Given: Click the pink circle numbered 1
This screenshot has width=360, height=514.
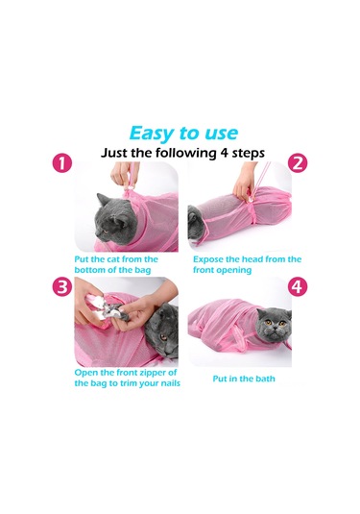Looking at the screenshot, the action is click(62, 163).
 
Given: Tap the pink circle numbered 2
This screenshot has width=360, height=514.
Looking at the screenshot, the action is click(298, 163).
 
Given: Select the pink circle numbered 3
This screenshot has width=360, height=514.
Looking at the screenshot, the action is click(62, 287).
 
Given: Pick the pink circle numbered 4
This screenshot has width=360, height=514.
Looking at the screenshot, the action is click(298, 287).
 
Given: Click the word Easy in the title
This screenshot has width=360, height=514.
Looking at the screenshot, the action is click(152, 135).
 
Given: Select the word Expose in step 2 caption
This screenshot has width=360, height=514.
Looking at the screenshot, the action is click(208, 259).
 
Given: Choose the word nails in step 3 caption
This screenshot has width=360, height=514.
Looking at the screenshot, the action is click(169, 383).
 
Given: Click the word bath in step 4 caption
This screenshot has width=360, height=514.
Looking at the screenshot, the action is click(265, 379).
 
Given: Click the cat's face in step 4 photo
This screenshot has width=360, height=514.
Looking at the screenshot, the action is click(275, 325).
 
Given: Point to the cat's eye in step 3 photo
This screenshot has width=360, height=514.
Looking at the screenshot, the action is click(163, 337).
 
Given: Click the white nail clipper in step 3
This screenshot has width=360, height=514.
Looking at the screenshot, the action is click(97, 306).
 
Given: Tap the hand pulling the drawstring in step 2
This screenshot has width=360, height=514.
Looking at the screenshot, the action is click(243, 182).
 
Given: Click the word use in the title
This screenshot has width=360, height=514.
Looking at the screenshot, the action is click(221, 135).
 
